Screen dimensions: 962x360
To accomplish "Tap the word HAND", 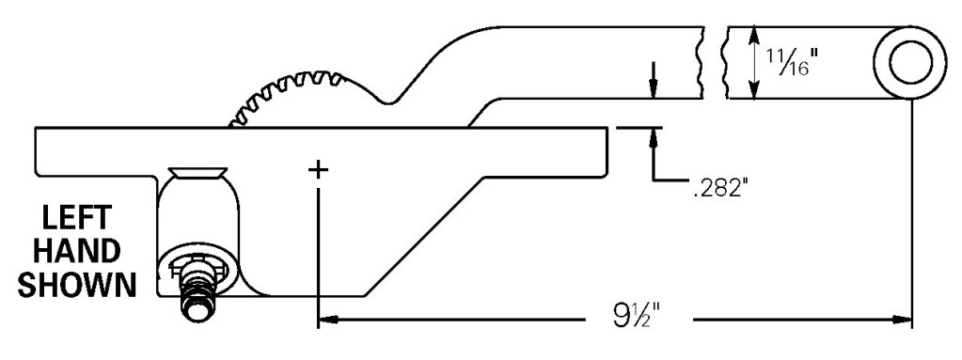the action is click(77, 252).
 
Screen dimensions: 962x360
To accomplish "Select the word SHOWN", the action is click(77, 285).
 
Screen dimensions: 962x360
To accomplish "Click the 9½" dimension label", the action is click(639, 319).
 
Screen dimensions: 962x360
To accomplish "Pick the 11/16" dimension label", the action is click(794, 62).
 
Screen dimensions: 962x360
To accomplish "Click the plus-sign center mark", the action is click(319, 170).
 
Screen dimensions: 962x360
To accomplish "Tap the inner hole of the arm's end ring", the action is click(910, 63).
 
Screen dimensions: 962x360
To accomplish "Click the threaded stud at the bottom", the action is click(198, 297).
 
